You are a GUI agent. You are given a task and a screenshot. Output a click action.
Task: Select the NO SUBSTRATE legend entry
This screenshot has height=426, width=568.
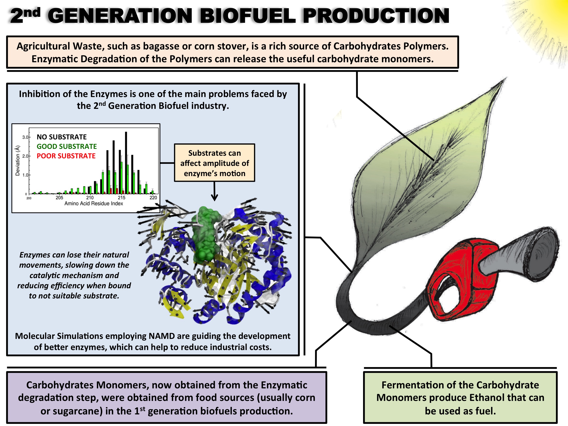(x=62, y=137)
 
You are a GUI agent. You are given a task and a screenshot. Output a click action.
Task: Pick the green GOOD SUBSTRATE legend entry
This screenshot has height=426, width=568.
(x=67, y=146)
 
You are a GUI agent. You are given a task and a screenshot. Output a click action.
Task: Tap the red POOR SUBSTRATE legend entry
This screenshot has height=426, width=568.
(x=66, y=156)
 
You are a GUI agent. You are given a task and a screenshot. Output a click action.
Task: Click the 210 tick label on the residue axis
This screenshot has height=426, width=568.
(x=90, y=197)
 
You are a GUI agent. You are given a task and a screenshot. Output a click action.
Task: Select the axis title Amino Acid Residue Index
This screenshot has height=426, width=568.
(x=94, y=203)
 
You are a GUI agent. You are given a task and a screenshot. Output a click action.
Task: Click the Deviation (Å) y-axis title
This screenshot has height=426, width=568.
(x=18, y=161)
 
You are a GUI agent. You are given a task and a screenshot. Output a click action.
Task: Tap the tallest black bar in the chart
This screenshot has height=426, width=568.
(x=126, y=163)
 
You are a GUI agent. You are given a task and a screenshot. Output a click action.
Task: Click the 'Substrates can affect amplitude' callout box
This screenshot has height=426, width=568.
(x=214, y=163)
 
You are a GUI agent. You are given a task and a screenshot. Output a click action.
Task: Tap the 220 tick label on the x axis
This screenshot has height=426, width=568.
(x=153, y=197)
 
